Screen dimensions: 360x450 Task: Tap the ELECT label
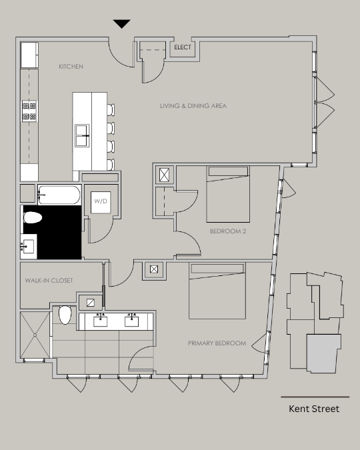pos(183,47)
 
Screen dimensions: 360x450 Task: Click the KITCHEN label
pos(71,67)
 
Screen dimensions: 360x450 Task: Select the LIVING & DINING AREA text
pos(193,106)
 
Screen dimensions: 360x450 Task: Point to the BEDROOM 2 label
pos(228,231)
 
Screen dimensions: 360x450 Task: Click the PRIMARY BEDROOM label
pos(217,343)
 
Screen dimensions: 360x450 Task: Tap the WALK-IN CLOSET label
pos(49,281)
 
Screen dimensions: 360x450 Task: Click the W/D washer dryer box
pos(101,202)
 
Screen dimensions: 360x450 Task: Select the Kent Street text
pos(314,409)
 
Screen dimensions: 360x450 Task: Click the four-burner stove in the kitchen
pos(29,111)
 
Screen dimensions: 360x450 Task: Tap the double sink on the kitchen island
pos(82,135)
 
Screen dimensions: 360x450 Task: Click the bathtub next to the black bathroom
pos(59,195)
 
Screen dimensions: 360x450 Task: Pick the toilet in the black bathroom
pos(33,217)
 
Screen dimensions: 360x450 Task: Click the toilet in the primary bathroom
pos(65,315)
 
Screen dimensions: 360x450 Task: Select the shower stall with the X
pos(35,335)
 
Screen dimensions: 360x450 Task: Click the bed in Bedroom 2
pos(228,194)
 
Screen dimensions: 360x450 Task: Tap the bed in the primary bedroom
pos(217,291)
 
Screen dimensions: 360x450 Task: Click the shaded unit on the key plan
pos(323,353)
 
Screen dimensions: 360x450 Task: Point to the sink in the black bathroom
pos(29,247)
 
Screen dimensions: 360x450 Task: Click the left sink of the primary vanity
pos(101,321)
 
